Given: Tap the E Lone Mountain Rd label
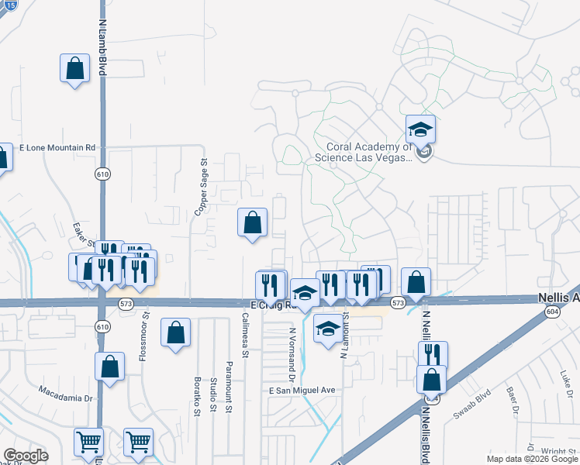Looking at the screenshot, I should [x=57, y=147].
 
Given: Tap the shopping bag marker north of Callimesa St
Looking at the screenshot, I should [x=252, y=223].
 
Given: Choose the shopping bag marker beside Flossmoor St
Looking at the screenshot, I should [x=176, y=334].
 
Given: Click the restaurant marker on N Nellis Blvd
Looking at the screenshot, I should [x=433, y=355].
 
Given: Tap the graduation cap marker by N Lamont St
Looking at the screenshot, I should [x=328, y=329].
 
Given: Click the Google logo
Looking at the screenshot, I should [x=26, y=456].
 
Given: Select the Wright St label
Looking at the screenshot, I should [x=557, y=450].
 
